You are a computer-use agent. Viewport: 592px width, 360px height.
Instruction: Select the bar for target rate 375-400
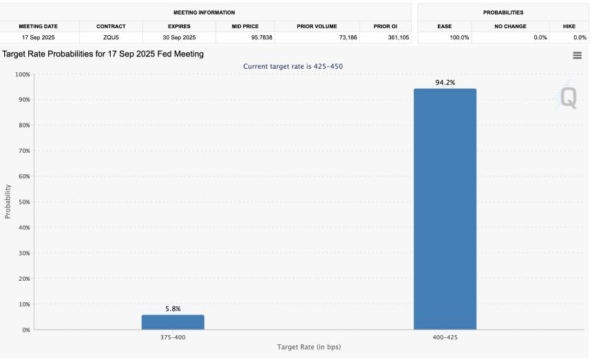click(x=173, y=322)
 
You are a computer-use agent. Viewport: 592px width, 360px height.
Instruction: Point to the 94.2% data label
click(x=445, y=83)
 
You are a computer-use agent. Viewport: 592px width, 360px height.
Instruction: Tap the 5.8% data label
click(x=173, y=309)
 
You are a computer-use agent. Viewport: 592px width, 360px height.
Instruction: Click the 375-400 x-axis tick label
click(x=173, y=337)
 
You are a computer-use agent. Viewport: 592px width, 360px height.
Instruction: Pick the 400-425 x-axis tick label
click(x=445, y=337)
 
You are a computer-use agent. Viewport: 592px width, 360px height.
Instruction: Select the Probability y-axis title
click(x=8, y=202)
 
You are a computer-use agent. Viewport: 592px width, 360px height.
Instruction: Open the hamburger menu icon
click(x=577, y=56)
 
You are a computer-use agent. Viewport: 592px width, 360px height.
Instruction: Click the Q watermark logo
click(x=568, y=98)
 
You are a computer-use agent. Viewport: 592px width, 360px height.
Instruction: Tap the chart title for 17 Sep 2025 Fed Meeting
click(x=103, y=54)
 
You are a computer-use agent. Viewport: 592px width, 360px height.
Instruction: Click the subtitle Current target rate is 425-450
click(x=293, y=66)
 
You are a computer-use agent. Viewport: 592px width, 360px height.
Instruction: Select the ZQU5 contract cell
click(x=111, y=37)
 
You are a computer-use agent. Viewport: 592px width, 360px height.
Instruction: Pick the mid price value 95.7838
click(x=259, y=37)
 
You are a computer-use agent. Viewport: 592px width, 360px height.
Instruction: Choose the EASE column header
click(x=445, y=26)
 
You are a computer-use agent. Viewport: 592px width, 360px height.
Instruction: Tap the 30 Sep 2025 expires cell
click(x=179, y=37)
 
